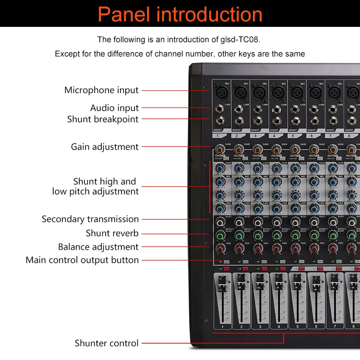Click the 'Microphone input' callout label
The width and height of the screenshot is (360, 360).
pos(101,90)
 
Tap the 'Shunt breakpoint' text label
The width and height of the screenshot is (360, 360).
pos(103,119)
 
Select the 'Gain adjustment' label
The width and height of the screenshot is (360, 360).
pos(105,147)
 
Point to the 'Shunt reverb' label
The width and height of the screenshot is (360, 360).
pos(112,233)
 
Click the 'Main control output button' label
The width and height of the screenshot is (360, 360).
pos(82,260)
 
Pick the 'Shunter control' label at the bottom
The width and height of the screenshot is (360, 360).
pos(107,343)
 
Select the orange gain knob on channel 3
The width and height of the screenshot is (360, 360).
pos(257,150)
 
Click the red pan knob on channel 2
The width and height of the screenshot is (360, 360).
pos(239,249)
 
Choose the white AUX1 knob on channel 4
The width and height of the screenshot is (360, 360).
pos(276,223)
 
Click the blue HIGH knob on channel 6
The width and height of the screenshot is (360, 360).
pos(313,168)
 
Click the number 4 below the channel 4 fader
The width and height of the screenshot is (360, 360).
pos(278,327)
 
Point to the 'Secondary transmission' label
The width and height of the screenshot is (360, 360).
pos(90,219)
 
